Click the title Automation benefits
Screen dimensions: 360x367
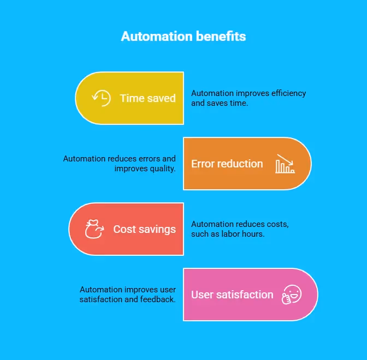(x=183, y=37)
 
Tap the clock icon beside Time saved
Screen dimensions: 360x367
(x=101, y=98)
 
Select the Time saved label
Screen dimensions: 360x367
(x=147, y=98)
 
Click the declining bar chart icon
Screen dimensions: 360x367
(x=285, y=164)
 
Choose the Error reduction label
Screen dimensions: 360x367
(x=227, y=164)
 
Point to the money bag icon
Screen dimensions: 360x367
(x=94, y=229)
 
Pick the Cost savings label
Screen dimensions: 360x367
(x=144, y=229)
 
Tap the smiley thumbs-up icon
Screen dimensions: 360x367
(x=292, y=295)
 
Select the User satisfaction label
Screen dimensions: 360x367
(x=232, y=295)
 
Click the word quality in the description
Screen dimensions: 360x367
(x=162, y=169)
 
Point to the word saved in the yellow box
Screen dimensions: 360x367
(x=162, y=98)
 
